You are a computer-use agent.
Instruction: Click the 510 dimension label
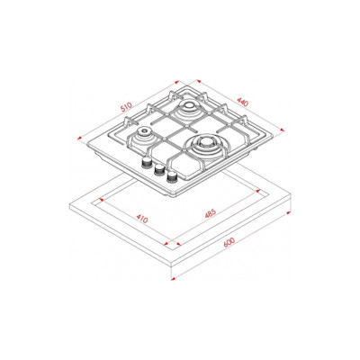point(127,107)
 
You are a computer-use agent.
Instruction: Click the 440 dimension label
point(243,102)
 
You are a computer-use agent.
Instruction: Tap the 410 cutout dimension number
point(142,218)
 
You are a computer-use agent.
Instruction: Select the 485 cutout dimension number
point(210,213)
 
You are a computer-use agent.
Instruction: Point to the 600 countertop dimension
point(229,242)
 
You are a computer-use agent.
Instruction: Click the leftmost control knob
point(147,162)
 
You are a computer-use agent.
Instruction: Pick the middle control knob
point(158,170)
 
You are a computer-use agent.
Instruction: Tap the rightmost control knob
point(172,177)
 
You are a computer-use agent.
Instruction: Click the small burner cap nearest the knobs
point(145,130)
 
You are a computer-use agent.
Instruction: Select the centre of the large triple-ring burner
point(206,142)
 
